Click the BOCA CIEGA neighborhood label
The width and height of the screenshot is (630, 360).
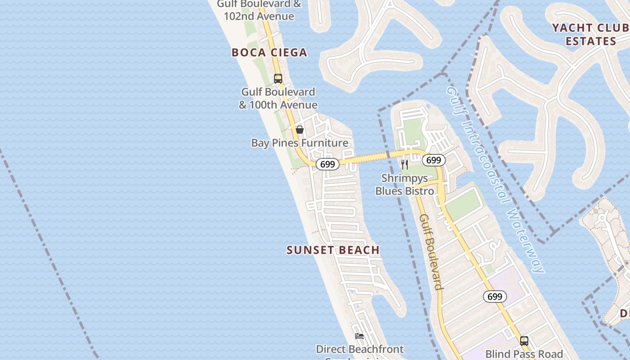(269, 53)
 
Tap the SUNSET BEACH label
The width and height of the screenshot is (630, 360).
(333, 250)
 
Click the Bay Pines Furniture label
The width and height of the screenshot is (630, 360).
(300, 143)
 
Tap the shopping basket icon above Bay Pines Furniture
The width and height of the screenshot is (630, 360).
(300, 130)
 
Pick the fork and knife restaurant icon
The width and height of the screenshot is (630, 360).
(405, 165)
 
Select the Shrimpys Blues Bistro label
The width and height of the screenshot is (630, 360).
(405, 184)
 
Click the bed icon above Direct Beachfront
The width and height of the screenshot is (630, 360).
(359, 336)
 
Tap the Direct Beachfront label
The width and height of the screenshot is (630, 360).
(360, 349)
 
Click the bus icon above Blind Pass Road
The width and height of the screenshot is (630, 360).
(524, 341)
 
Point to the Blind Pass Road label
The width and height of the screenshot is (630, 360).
(524, 354)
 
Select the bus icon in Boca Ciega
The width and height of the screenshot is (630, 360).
(278, 78)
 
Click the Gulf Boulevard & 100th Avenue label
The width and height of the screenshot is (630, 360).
(278, 98)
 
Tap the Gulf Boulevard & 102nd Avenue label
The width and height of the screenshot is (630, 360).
(259, 10)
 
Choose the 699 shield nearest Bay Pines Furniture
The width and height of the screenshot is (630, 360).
(327, 164)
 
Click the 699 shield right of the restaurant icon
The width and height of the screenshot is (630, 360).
(433, 160)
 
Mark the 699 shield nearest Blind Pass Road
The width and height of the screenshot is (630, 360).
(495, 297)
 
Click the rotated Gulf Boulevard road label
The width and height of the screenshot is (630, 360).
(431, 252)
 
